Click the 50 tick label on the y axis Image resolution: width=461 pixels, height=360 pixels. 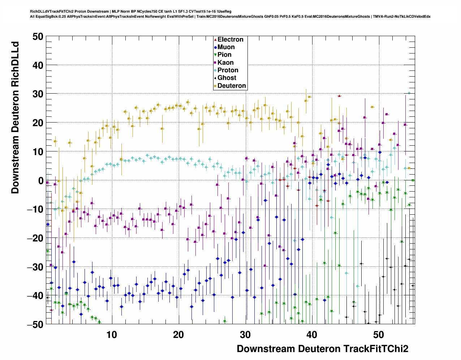pyautogui.click(x=37, y=37)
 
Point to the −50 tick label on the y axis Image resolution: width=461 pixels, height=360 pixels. pyautogui.click(x=35, y=324)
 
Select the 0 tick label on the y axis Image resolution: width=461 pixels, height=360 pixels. pyautogui.click(x=40, y=180)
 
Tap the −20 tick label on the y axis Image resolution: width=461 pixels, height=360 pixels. pyautogui.click(x=35, y=238)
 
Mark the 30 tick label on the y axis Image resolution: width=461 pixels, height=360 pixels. pyautogui.click(x=37, y=94)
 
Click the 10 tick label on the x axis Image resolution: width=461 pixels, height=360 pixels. pyautogui.click(x=112, y=335)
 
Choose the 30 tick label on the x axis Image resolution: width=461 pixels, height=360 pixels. pyautogui.click(x=245, y=335)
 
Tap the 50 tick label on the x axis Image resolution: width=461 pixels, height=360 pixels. pyautogui.click(x=379, y=335)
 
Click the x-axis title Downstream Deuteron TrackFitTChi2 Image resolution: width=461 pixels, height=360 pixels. pyautogui.click(x=322, y=349)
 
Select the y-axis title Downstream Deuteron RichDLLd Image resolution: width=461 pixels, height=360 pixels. pyautogui.click(x=15, y=118)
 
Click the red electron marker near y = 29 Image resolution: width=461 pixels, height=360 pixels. pyautogui.click(x=339, y=96)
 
